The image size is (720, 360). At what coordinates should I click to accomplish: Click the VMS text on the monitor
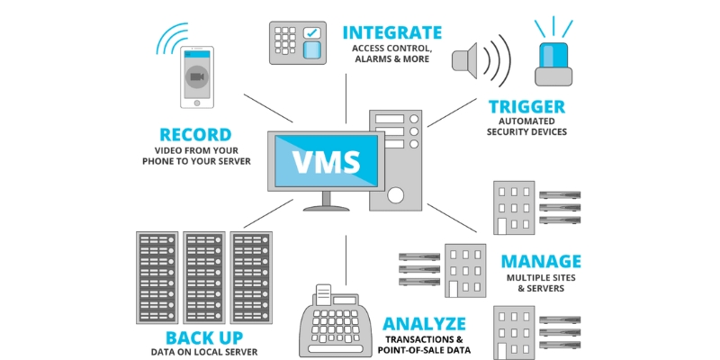pos(327,163)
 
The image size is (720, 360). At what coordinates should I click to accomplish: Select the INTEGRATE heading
pos(391,33)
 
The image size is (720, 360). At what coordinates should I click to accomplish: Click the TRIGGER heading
pos(526,106)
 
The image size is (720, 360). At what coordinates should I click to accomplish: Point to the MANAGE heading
pos(541,262)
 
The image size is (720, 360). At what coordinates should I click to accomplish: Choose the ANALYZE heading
pos(424,323)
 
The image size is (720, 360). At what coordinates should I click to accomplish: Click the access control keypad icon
pos(298,42)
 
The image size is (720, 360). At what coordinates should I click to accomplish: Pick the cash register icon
pos(335,321)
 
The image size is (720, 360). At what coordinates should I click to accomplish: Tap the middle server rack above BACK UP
pos(203,278)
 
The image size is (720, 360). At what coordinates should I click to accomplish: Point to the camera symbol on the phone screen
pos(197,77)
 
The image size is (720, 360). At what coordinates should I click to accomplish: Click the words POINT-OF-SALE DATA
pos(427,350)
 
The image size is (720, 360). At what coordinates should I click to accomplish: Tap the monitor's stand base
pos(326,206)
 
